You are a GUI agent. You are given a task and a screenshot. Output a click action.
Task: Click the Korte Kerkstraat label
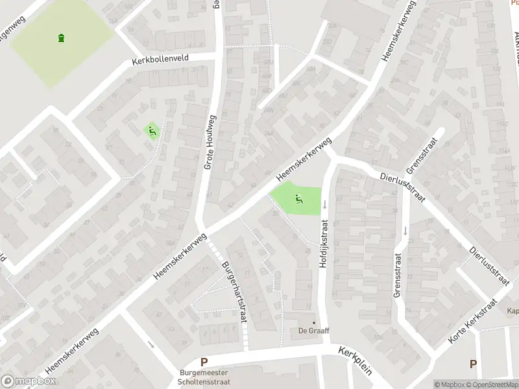point(472,321)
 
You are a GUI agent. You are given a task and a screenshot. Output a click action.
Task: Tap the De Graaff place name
point(314,331)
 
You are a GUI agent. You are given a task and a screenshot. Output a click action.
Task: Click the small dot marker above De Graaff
point(314,322)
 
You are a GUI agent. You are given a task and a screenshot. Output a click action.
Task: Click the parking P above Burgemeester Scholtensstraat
point(204,363)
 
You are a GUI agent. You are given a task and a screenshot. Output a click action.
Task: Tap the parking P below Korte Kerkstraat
point(473,364)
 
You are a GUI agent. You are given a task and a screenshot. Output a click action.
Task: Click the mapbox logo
point(27,381)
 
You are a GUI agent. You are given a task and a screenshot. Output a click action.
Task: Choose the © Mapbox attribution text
point(449,384)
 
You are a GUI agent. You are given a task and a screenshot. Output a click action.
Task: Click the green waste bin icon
point(62,38)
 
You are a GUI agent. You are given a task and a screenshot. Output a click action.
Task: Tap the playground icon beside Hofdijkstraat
point(298,199)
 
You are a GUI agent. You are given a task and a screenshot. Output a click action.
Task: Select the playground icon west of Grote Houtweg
point(152,130)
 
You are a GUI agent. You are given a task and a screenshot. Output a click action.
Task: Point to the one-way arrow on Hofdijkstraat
point(325,204)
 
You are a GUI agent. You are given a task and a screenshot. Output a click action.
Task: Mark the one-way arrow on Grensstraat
point(405,230)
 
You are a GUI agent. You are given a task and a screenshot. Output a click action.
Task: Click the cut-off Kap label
point(513,311)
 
